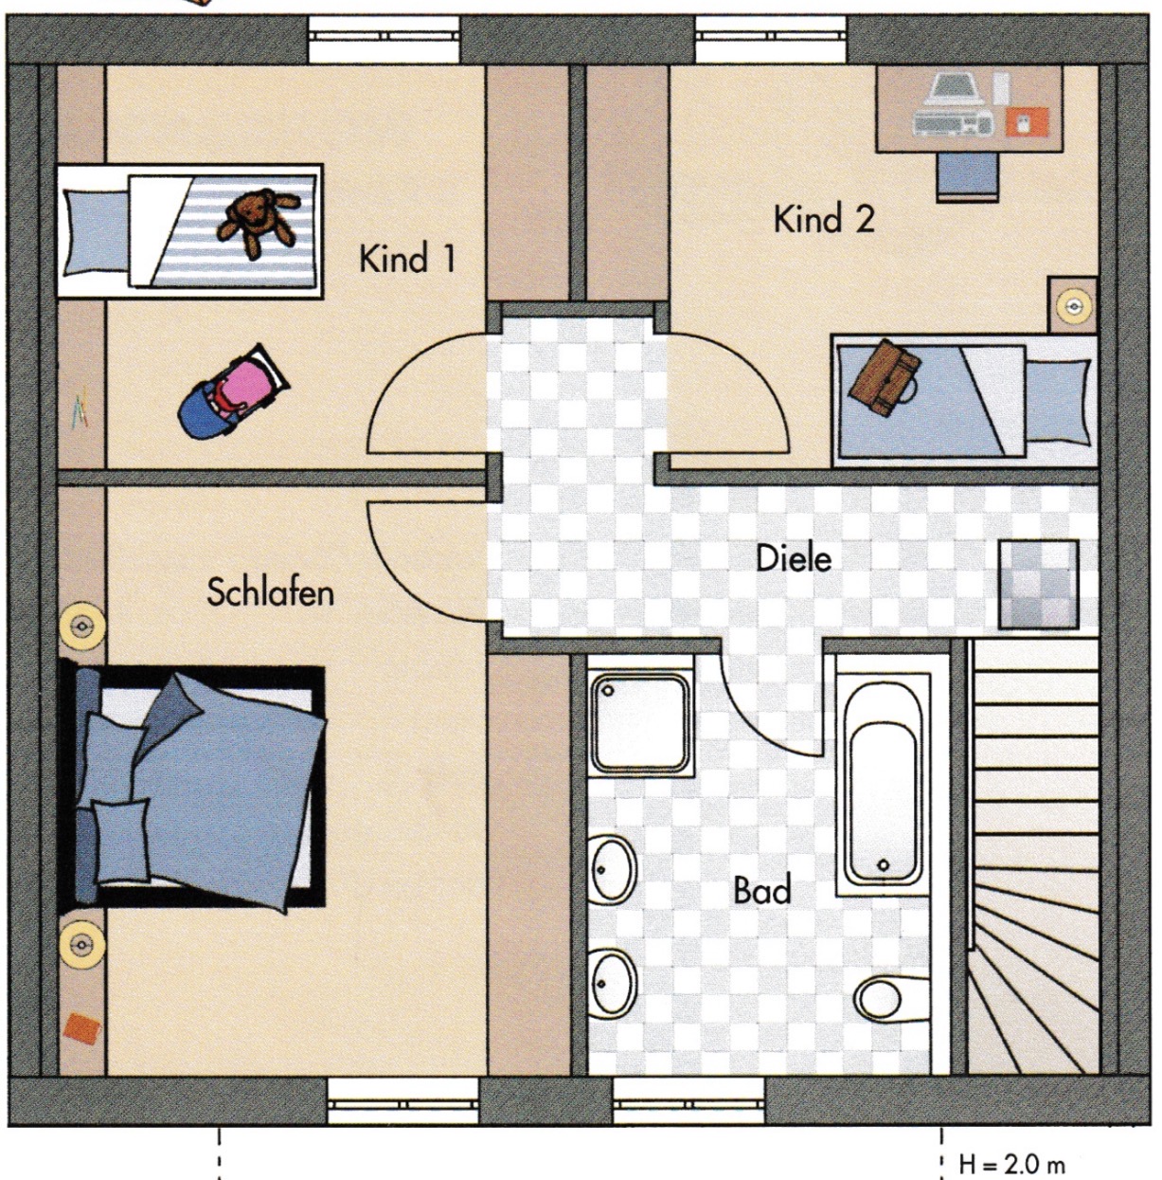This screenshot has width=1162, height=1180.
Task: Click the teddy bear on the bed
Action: pyautogui.click(x=259, y=222)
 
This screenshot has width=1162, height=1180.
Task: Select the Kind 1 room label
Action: pyautogui.click(x=407, y=259)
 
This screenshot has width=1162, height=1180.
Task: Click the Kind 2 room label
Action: pyautogui.click(x=824, y=219)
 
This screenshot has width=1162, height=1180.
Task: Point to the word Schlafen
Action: pyautogui.click(x=271, y=591)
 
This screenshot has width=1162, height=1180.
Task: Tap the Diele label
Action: pyautogui.click(x=795, y=558)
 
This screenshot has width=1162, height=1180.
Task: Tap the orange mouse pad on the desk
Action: pyautogui.click(x=1027, y=121)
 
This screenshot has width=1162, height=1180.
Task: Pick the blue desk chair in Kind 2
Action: pyautogui.click(x=969, y=176)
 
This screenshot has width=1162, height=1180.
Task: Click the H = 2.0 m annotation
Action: pyautogui.click(x=1012, y=1164)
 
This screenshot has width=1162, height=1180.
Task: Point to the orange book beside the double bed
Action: pyautogui.click(x=81, y=1026)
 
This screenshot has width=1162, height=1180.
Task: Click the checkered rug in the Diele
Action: pyautogui.click(x=1038, y=584)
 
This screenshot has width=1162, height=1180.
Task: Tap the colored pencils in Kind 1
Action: pyautogui.click(x=80, y=407)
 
